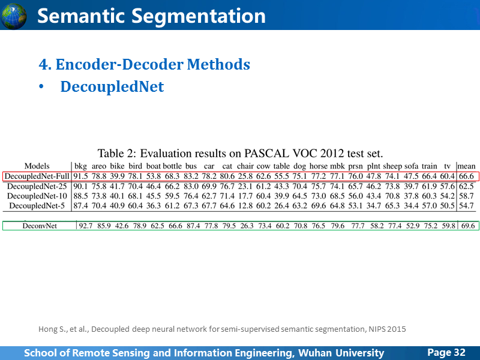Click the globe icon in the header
[13, 16]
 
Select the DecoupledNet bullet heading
[112, 86]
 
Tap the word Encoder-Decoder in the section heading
[119, 64]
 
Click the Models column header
[37, 166]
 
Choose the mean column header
[467, 166]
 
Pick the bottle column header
[172, 166]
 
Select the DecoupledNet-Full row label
[37, 176]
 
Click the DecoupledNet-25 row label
[37, 186]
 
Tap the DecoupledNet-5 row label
[37, 205]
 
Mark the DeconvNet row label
[40, 226]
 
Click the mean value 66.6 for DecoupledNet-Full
[466, 176]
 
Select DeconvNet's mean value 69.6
[468, 226]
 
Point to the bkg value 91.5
[80, 176]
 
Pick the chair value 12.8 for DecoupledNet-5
[245, 205]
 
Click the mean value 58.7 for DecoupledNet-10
[466, 196]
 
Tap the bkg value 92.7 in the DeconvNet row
[86, 226]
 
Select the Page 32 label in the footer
[446, 352]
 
